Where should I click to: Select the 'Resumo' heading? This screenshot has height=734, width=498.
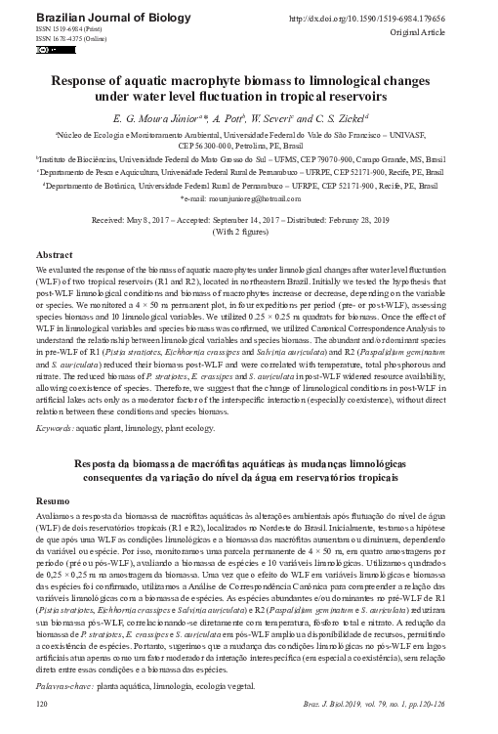pos(54,497)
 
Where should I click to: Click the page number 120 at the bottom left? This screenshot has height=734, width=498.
pos(41,702)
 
